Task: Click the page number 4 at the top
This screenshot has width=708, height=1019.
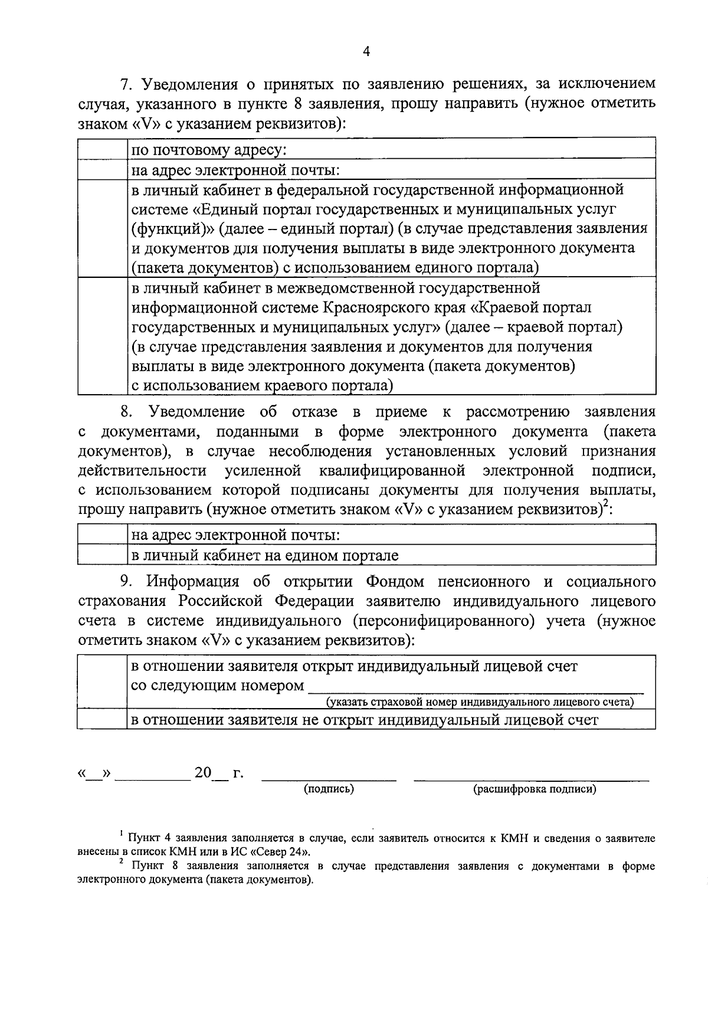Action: pos(366,52)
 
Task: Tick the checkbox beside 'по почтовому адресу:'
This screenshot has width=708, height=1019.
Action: pos(103,149)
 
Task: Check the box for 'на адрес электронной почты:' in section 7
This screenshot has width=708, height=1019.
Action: pos(103,170)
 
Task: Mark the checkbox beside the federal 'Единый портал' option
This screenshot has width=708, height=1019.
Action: pos(103,228)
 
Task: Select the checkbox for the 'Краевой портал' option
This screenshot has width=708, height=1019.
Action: pos(103,336)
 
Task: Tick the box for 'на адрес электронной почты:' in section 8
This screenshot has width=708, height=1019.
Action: pos(103,535)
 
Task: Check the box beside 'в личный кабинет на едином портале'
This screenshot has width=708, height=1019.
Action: pos(103,555)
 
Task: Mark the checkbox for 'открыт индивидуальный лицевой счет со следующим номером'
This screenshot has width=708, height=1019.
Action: pos(102,681)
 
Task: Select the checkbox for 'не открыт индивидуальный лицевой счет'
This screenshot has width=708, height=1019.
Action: pos(102,719)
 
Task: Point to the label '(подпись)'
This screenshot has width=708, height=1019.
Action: pos(329,789)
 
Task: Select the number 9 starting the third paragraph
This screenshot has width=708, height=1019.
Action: pos(125,582)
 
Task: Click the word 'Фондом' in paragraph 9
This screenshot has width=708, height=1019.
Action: pos(395,582)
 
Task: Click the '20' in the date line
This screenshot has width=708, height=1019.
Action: pos(202,772)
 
